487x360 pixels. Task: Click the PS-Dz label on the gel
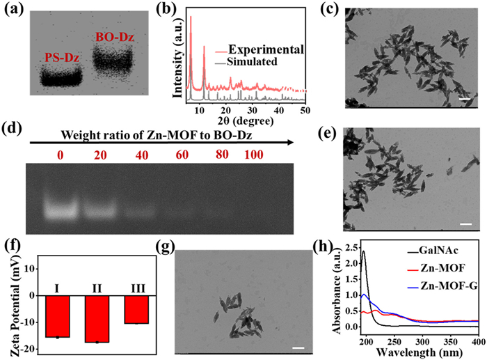point(62,58)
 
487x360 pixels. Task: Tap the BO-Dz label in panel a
point(115,38)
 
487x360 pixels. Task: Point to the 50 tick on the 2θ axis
point(305,110)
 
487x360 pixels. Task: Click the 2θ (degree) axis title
point(242,120)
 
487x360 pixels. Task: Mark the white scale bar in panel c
point(464,99)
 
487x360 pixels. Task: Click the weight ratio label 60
point(182,155)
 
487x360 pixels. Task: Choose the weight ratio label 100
point(254,155)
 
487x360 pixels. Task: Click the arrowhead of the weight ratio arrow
point(290,142)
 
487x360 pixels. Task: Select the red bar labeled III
point(136,310)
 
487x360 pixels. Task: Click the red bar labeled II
point(97,319)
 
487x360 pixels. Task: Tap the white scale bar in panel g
point(298,348)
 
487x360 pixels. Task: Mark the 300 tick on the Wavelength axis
point(422,342)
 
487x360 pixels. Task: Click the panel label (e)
point(328,134)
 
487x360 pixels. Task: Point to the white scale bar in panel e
point(466,224)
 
